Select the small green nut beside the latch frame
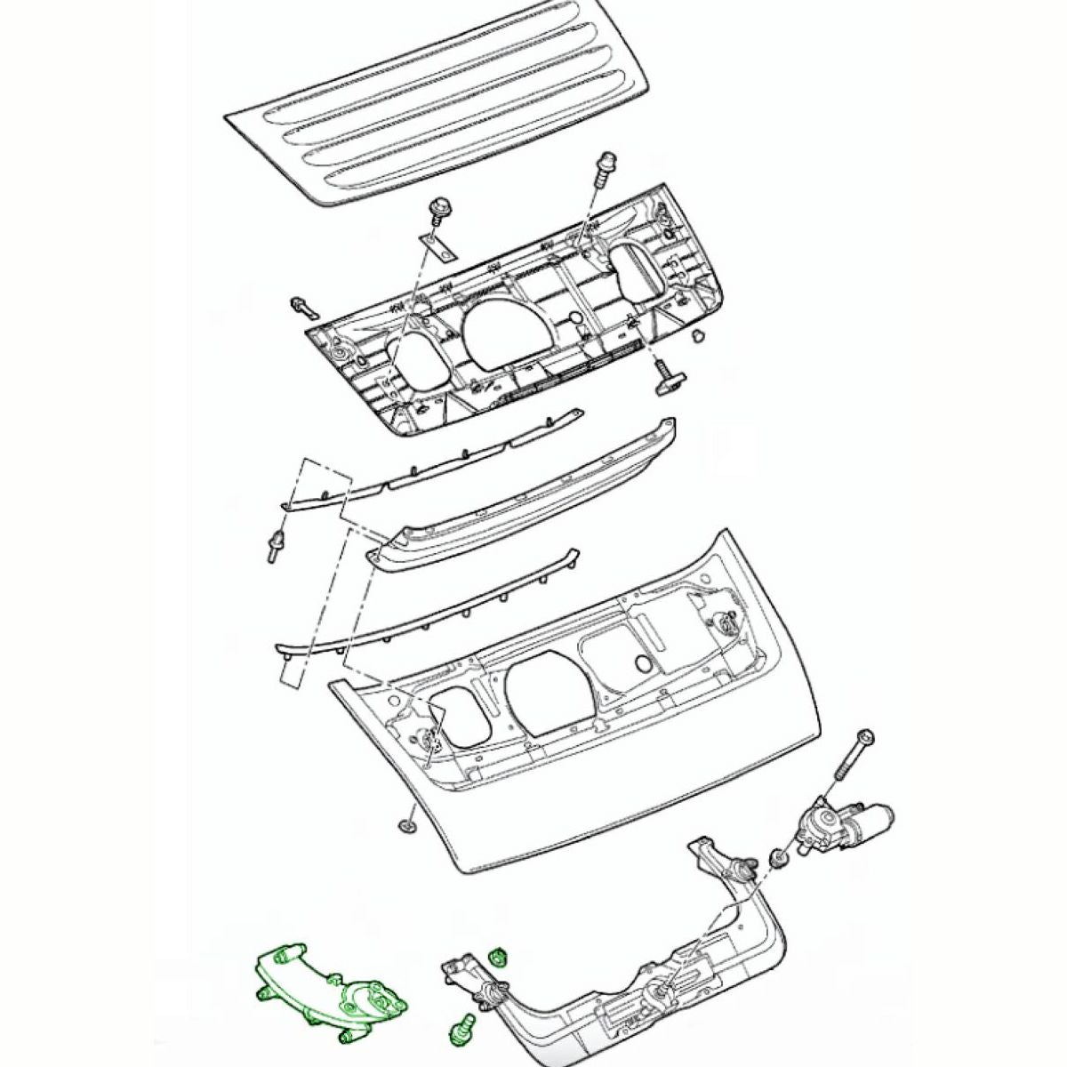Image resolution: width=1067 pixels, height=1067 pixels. click(x=499, y=958)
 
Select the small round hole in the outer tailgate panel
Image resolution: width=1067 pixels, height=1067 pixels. click(x=643, y=663)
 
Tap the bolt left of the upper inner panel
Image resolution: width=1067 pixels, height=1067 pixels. click(x=302, y=307)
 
